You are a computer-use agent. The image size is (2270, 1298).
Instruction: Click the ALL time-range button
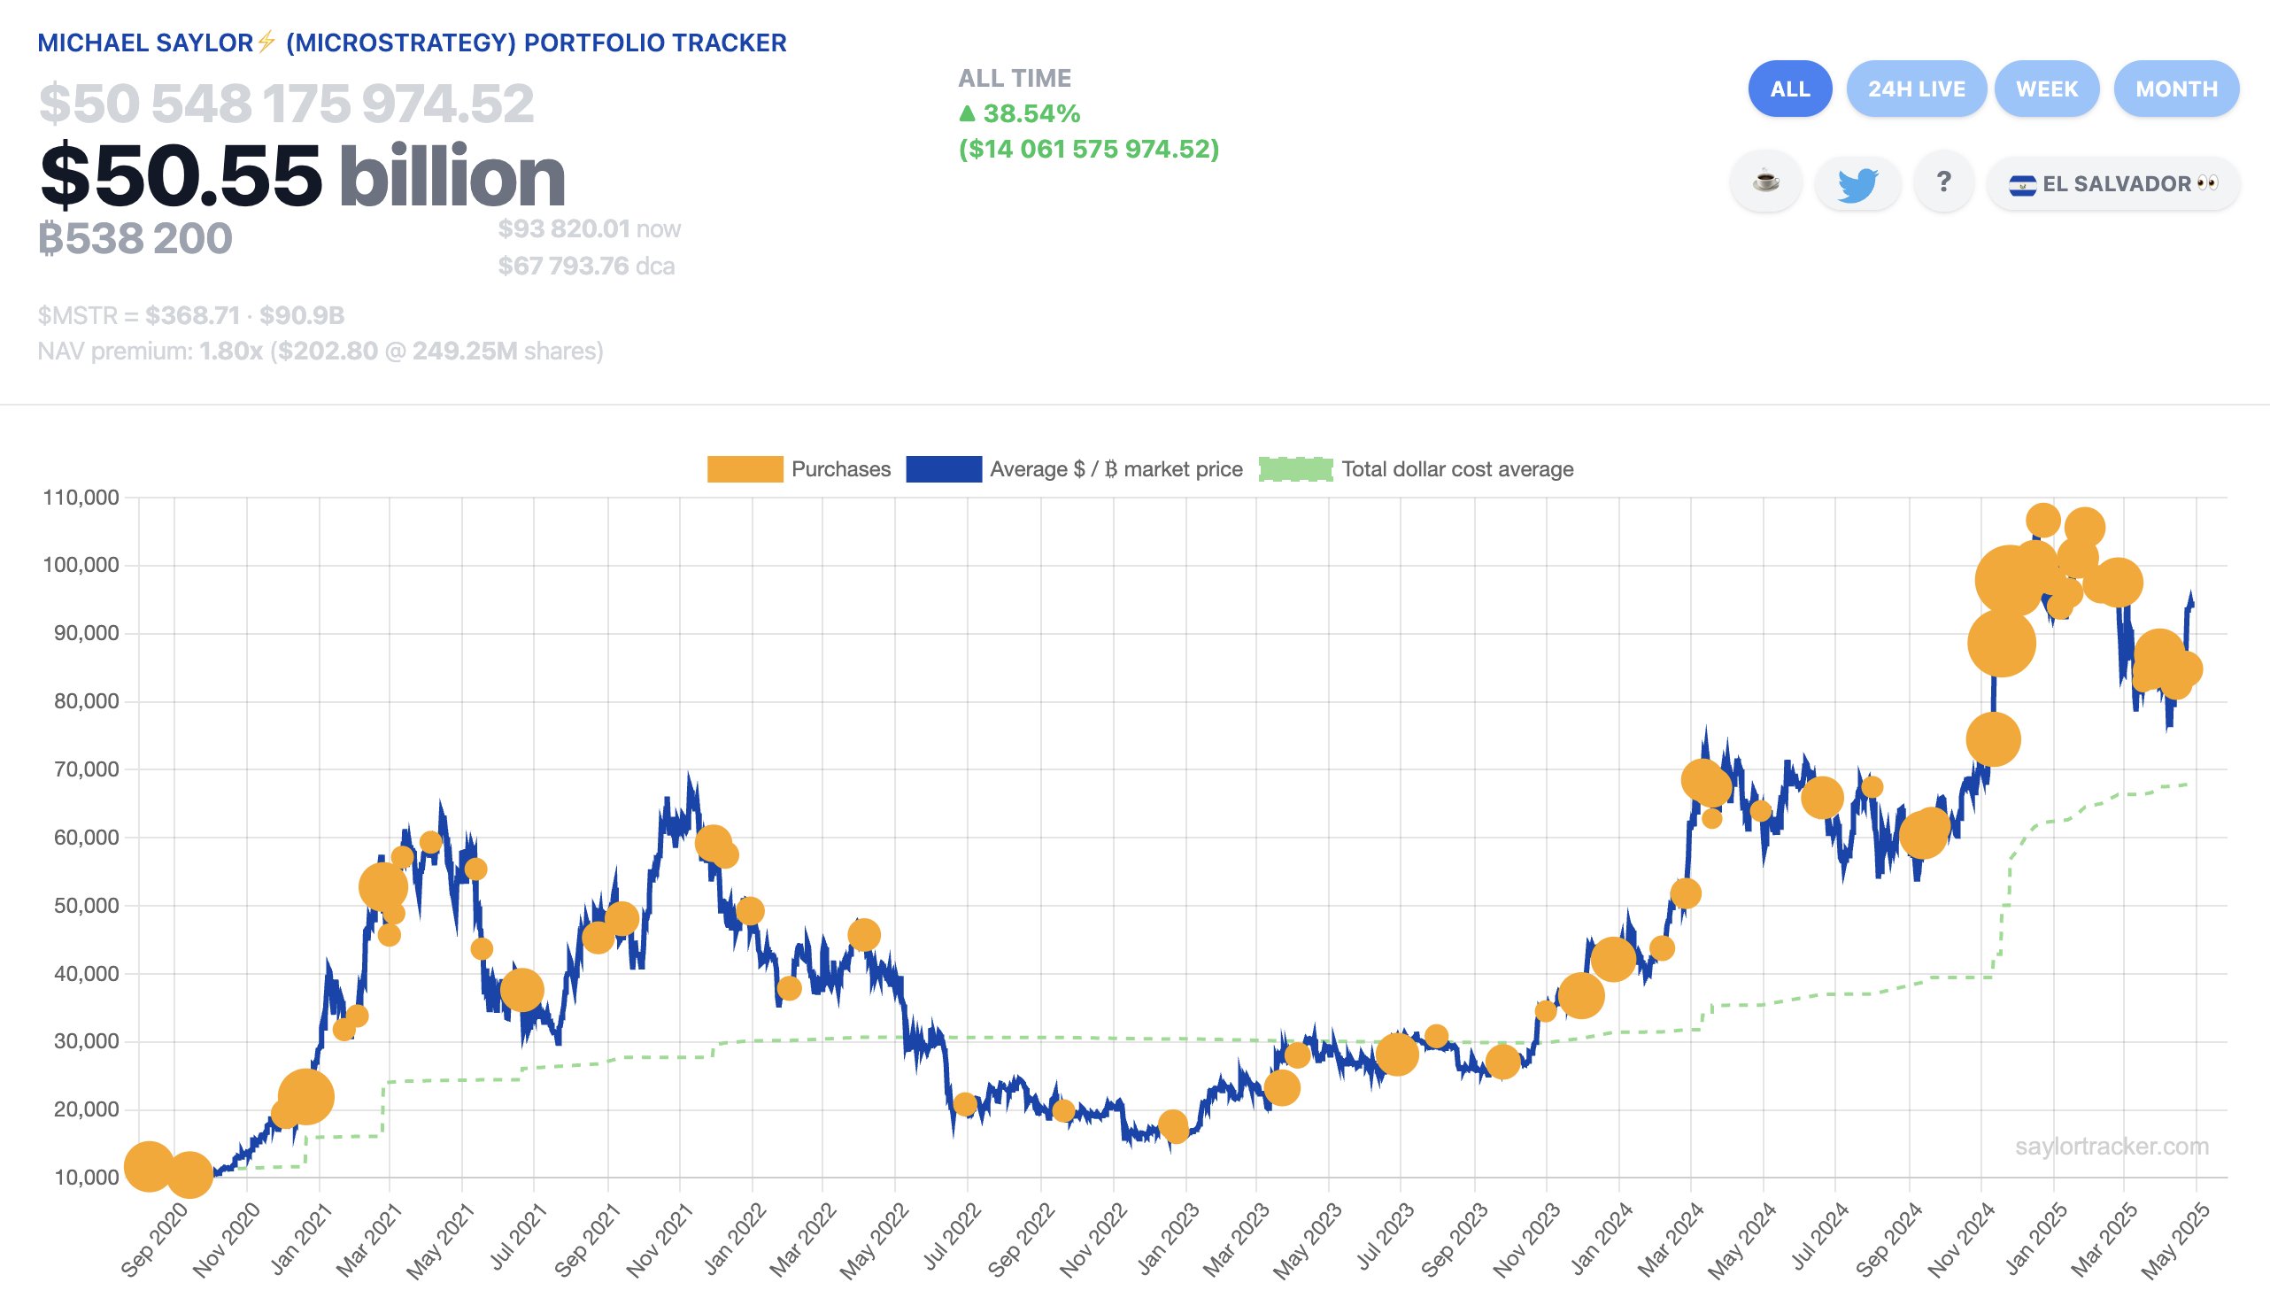click(1788, 89)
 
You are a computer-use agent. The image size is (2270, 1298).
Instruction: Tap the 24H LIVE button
click(1915, 89)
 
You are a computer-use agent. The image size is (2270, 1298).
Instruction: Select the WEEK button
click(2045, 89)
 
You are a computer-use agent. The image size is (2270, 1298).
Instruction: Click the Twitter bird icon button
click(1857, 183)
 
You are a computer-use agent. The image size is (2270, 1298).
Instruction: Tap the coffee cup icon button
click(1764, 182)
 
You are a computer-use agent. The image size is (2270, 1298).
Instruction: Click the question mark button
click(1943, 182)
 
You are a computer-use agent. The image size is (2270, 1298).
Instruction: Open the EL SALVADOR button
click(2112, 183)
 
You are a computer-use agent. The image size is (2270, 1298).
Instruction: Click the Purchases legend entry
click(799, 469)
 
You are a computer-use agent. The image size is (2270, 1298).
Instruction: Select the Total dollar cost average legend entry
click(1417, 469)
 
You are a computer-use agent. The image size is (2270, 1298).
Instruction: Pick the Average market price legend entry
click(1074, 469)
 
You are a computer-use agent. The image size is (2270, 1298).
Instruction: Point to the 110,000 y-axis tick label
click(81, 498)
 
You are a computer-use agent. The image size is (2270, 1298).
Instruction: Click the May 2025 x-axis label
click(2175, 1241)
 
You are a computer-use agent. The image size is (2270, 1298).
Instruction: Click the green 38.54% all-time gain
click(1020, 113)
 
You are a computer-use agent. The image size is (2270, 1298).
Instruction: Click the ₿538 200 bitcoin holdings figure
click(135, 238)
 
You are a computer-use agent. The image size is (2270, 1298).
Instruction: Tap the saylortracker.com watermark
click(2111, 1147)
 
